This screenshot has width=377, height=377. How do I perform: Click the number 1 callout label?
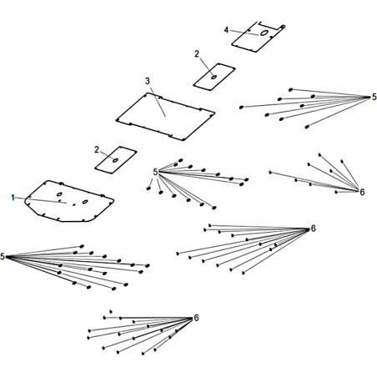pyautogui.click(x=13, y=198)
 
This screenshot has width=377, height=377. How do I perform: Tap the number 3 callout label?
pyautogui.click(x=147, y=81)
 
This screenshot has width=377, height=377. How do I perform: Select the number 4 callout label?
pyautogui.click(x=226, y=30)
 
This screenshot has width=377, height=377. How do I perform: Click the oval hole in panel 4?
pyautogui.click(x=264, y=33)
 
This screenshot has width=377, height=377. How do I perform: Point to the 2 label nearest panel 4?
pyautogui.click(x=197, y=54)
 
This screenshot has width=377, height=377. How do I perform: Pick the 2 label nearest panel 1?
pyautogui.click(x=97, y=150)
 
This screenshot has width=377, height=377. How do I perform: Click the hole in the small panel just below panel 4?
pyautogui.click(x=214, y=77)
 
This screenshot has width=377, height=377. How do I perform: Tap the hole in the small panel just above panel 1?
pyautogui.click(x=115, y=160)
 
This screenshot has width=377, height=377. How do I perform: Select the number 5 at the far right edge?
pyautogui.click(x=374, y=97)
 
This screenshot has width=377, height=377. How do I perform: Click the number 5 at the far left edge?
pyautogui.click(x=3, y=257)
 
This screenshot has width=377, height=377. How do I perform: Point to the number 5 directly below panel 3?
pyautogui.click(x=155, y=172)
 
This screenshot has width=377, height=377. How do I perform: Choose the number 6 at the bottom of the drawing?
pyautogui.click(x=196, y=318)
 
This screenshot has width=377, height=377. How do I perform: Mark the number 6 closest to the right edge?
pyautogui.click(x=362, y=192)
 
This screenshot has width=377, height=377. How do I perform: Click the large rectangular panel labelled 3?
pyautogui.click(x=165, y=117)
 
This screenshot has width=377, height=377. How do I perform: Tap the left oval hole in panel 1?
pyautogui.click(x=59, y=194)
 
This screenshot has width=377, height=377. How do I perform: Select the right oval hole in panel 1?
pyautogui.click(x=85, y=202)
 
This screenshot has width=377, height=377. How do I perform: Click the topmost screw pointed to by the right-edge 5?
pyautogui.click(x=290, y=89)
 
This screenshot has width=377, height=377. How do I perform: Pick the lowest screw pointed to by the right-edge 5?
pyautogui.click(x=307, y=127)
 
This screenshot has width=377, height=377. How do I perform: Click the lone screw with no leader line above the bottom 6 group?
pyautogui.click(x=111, y=312)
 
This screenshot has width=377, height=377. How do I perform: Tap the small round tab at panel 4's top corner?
pyautogui.click(x=283, y=27)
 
